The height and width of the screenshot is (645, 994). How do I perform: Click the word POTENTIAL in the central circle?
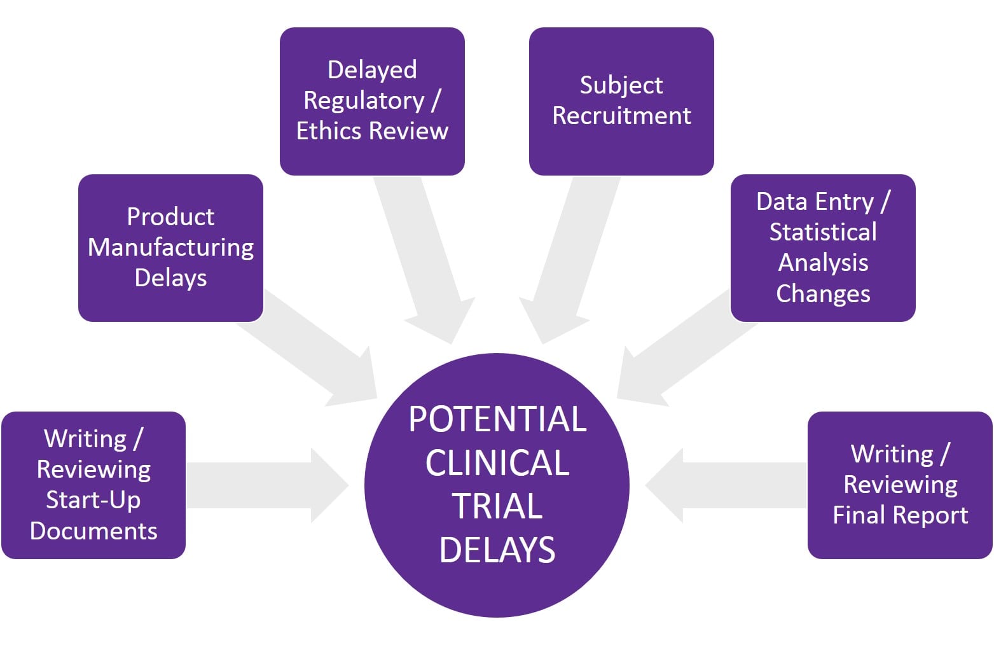pyautogui.click(x=497, y=420)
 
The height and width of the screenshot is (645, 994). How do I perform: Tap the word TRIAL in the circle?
pyautogui.click(x=497, y=507)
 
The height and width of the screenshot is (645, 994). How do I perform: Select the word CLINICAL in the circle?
pyautogui.click(x=497, y=463)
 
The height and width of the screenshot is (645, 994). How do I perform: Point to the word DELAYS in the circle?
pyautogui.click(x=497, y=550)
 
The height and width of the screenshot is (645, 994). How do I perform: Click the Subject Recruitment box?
pyautogui.click(x=621, y=101)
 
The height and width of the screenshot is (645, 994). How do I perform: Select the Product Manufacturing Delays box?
pyautogui.click(x=170, y=247)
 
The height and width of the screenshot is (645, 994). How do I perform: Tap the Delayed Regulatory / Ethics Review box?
pyautogui.click(x=372, y=101)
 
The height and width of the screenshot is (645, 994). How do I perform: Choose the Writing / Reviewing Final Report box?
pyautogui.click(x=899, y=485)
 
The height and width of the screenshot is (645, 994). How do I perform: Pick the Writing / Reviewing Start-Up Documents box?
pyautogui.click(x=93, y=485)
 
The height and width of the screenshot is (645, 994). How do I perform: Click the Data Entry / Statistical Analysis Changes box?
pyautogui.click(x=822, y=247)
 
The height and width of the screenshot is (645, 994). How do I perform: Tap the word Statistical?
pyautogui.click(x=822, y=232)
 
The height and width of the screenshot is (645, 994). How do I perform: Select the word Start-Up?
pyautogui.click(x=93, y=500)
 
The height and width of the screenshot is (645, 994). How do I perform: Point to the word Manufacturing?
pyautogui.click(x=170, y=247)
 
